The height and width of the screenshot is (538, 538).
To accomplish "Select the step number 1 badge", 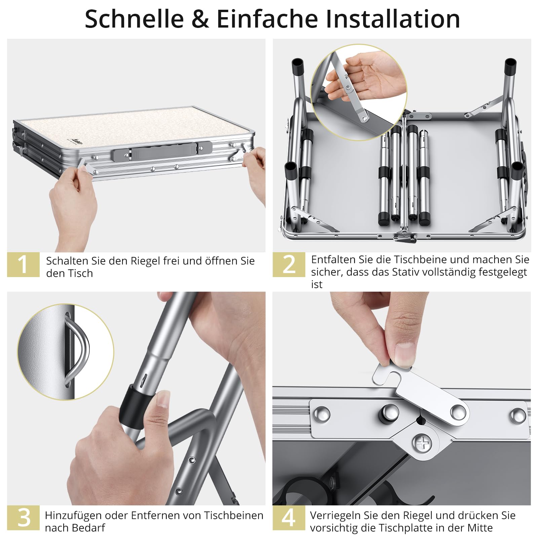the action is (23, 264).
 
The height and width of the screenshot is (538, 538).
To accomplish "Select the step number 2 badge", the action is (289, 264).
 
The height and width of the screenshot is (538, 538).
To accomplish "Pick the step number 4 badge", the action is (289, 517).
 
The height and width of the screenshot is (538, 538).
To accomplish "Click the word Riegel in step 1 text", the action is (146, 261).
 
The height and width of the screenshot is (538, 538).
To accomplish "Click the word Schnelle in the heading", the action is (134, 19).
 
